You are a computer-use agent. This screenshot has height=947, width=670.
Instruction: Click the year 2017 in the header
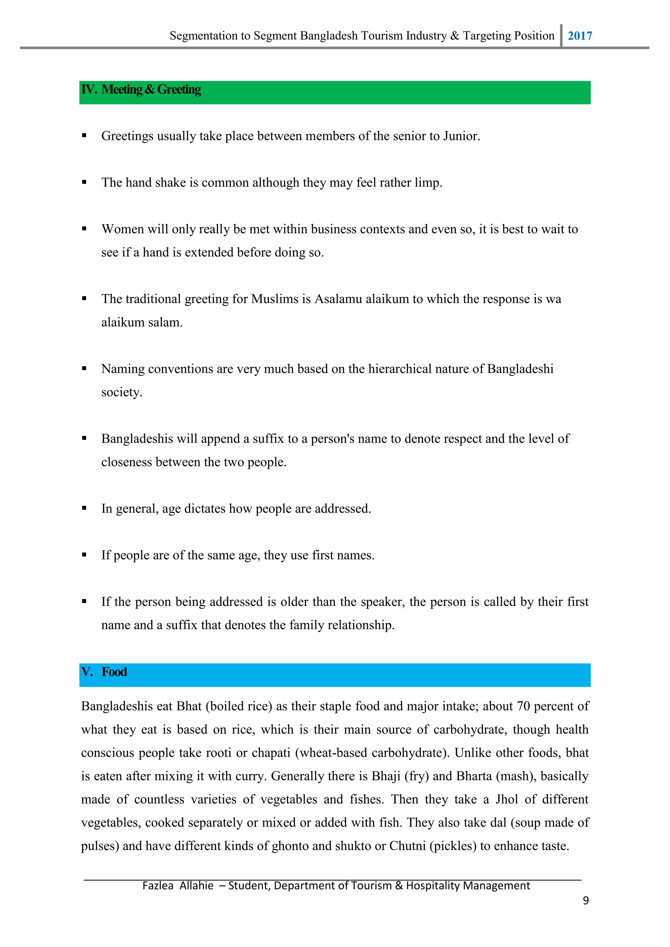(x=580, y=36)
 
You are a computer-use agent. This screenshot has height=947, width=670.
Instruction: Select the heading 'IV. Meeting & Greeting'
(x=141, y=90)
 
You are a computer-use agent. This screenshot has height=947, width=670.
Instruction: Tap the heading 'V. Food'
(x=104, y=672)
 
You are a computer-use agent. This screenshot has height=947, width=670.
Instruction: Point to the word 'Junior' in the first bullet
(x=460, y=136)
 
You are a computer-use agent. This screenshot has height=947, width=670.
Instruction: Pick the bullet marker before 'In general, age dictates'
(x=84, y=508)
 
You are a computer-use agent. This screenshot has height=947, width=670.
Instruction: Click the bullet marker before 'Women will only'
(x=84, y=229)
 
